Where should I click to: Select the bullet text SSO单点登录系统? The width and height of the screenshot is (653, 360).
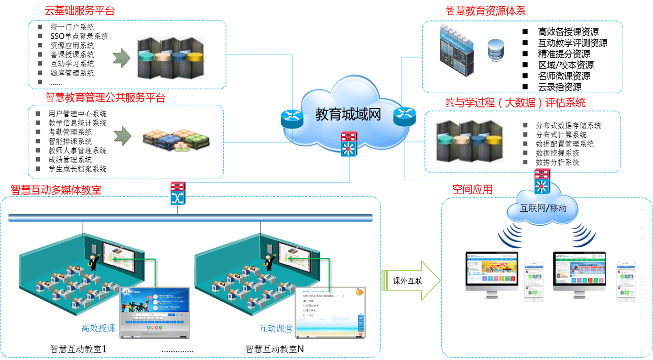79,36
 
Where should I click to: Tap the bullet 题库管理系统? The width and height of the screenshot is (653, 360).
72,73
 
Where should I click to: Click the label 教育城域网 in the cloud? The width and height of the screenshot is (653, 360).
348,114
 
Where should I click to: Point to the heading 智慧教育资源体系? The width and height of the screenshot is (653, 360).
485,11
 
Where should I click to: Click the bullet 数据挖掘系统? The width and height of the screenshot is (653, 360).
558,153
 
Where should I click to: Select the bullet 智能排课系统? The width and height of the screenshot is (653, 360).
70,141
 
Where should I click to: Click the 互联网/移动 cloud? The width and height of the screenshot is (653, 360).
543,208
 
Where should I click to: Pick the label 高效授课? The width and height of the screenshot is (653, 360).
98,329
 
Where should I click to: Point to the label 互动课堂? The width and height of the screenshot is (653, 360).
276,329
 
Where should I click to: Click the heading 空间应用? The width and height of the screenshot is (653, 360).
472,189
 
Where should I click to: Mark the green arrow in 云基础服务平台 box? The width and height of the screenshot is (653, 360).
121,58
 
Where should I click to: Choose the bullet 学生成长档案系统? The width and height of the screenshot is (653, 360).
77,169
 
